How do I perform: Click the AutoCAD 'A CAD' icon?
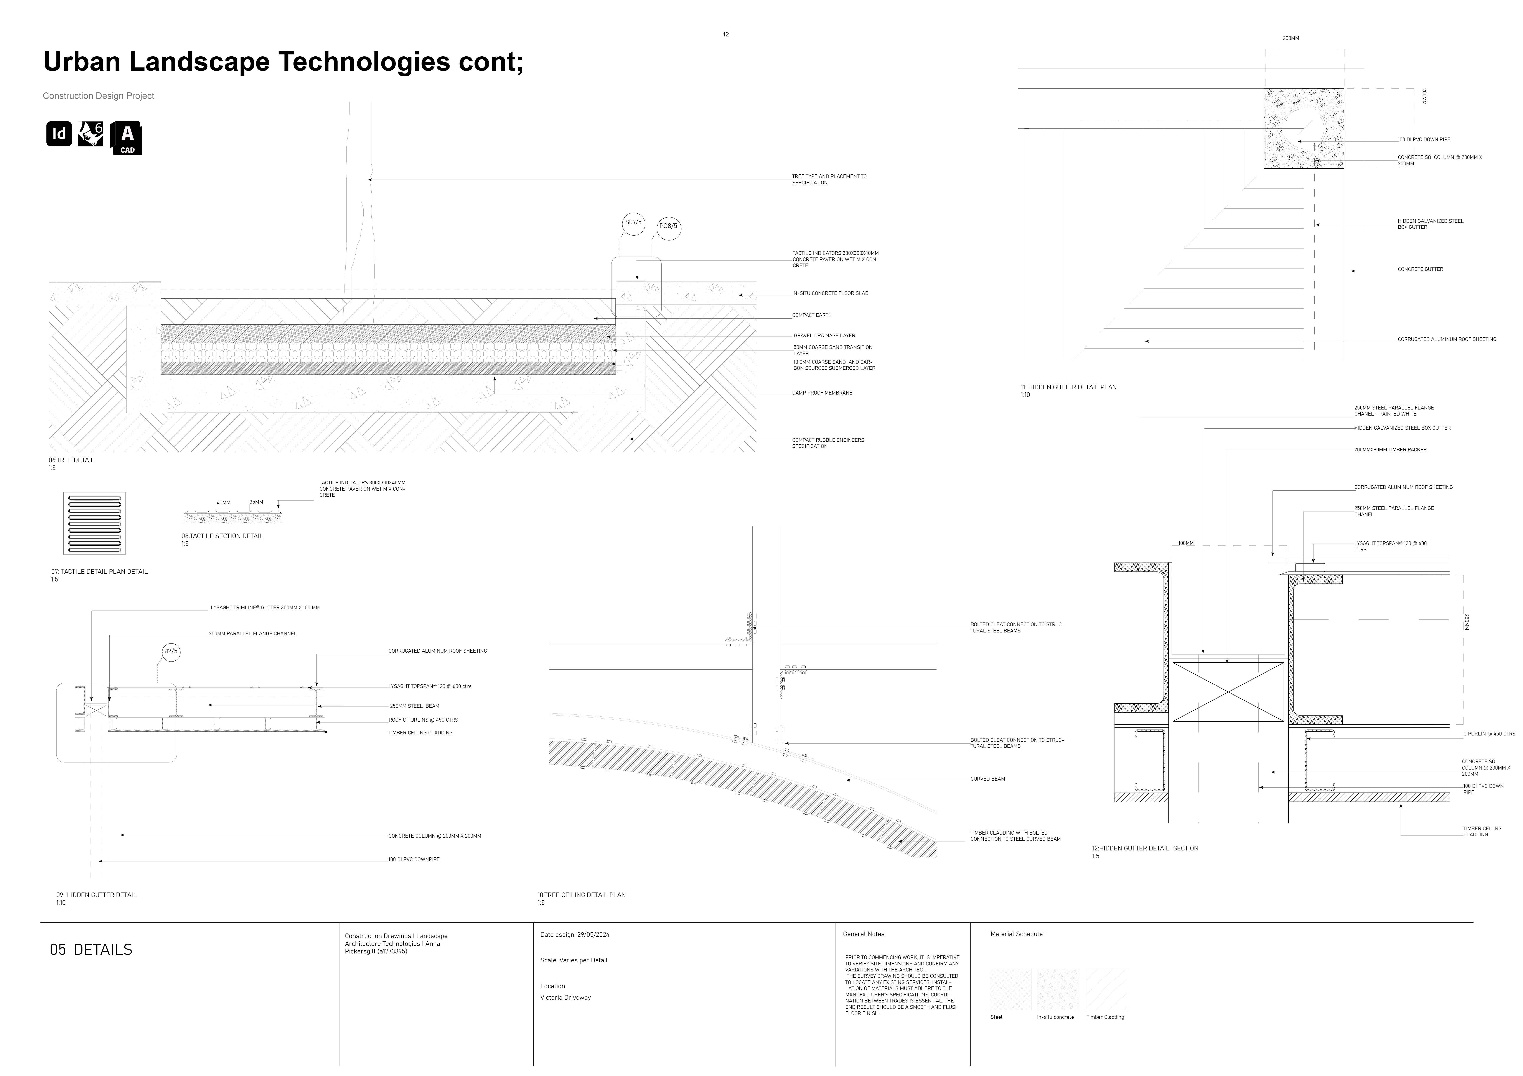127,138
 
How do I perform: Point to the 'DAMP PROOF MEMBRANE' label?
822,393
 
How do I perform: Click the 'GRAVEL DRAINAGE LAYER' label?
824,336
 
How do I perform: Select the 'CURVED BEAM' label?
987,779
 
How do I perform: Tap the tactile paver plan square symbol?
94,523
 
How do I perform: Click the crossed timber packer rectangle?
1228,691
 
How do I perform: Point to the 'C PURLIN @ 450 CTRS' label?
1488,734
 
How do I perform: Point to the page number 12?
726,34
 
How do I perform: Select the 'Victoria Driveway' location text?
565,998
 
